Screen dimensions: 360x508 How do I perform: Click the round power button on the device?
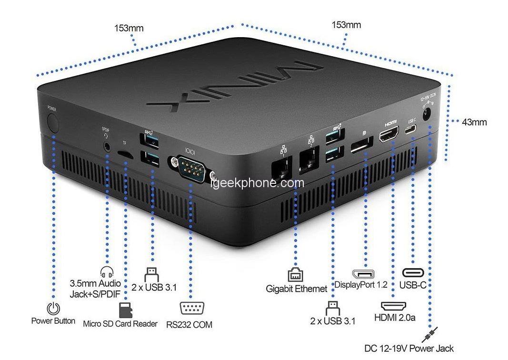click(x=52, y=123)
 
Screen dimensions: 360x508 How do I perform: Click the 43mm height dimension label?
click(x=474, y=122)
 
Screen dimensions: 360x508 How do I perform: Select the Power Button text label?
click(x=53, y=321)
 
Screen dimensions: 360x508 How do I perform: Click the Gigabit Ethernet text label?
click(x=297, y=289)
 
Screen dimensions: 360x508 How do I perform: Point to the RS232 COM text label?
click(x=189, y=325)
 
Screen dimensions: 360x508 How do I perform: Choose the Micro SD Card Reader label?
click(x=120, y=324)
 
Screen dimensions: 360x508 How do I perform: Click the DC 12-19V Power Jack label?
click(x=409, y=349)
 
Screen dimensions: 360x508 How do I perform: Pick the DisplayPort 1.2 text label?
click(x=360, y=285)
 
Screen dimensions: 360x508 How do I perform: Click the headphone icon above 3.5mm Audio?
click(x=107, y=272)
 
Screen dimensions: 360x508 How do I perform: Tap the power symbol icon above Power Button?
click(x=54, y=308)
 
